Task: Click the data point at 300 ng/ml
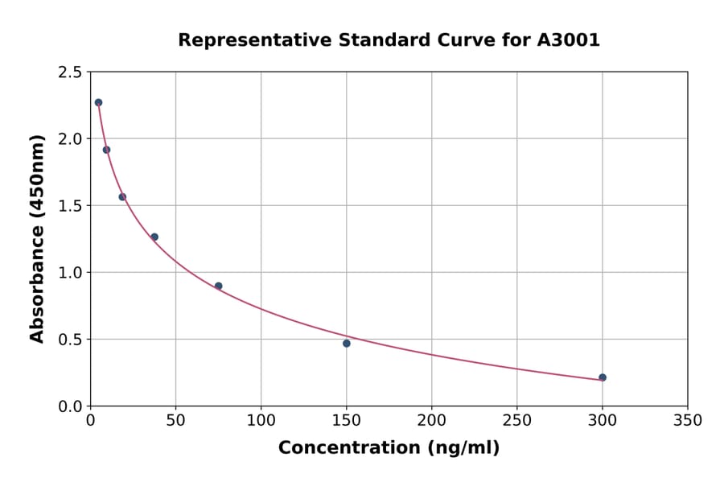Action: tap(603, 377)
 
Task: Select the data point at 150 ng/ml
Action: tap(347, 344)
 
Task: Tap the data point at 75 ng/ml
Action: tap(219, 286)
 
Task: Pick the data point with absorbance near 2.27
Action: tap(98, 103)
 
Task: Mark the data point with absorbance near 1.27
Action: tap(154, 237)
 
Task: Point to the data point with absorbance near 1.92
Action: tap(106, 150)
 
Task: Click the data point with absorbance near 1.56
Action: tap(122, 197)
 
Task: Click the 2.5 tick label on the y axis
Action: tap(69, 72)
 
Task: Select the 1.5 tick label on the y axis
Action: tap(69, 206)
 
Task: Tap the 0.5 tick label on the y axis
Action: tap(69, 340)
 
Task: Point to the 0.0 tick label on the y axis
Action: tap(69, 406)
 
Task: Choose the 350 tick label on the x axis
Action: tap(687, 421)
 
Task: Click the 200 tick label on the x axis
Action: tap(431, 421)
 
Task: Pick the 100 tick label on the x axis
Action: tap(261, 421)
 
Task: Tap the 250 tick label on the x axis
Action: tap(516, 421)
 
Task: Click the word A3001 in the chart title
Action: tap(568, 40)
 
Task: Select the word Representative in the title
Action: tap(243, 40)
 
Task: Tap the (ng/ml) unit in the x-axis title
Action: tap(459, 448)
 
